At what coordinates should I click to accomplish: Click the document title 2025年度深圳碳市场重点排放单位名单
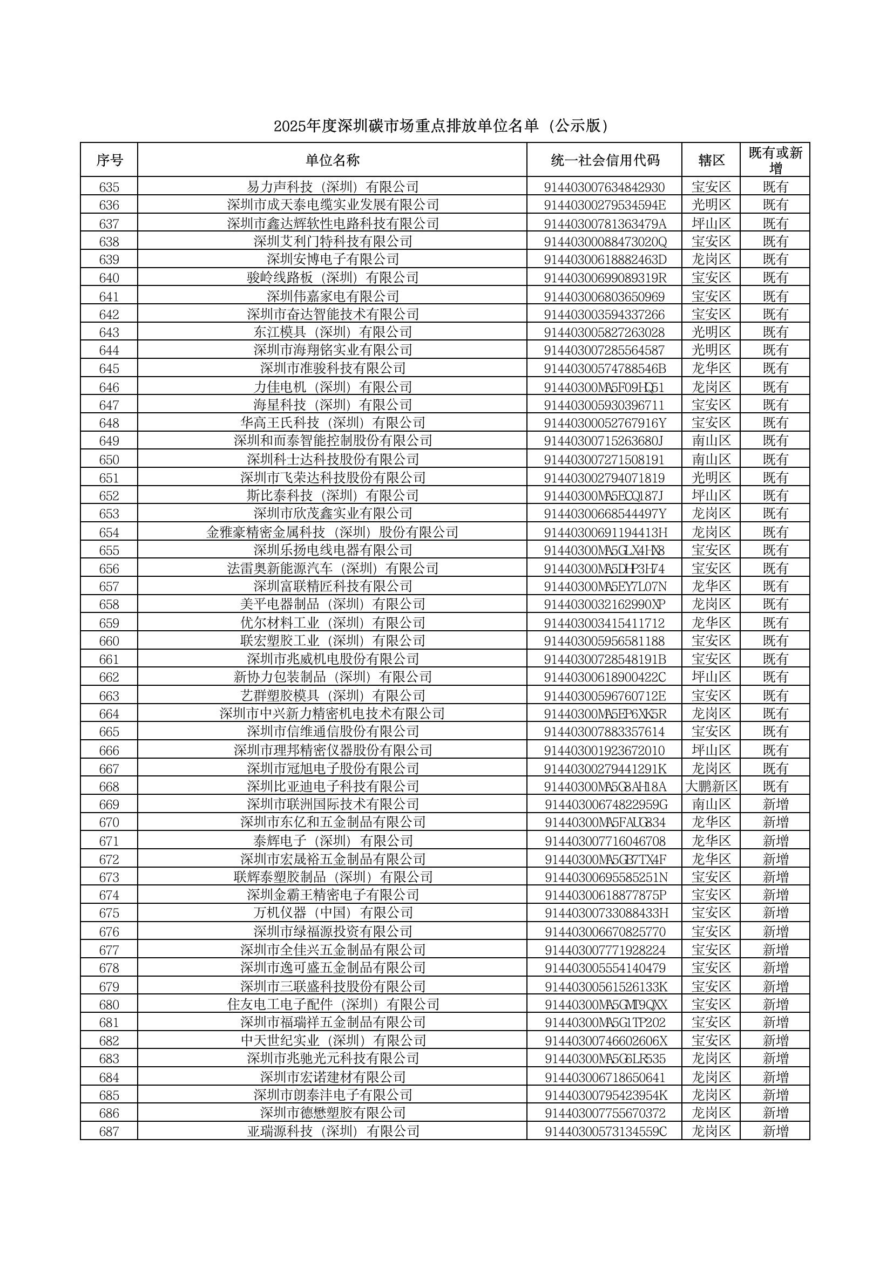coord(442,127)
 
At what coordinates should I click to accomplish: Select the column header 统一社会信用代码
coord(605,160)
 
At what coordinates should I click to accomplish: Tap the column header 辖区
coord(712,160)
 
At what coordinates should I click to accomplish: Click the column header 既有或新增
coord(775,160)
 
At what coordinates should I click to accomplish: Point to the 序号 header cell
coord(110,160)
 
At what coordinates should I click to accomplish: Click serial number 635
coord(109,187)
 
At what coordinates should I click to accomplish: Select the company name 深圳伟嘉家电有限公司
coord(333,297)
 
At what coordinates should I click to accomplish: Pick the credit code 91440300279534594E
coord(605,206)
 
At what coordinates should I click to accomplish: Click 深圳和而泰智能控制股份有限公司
coord(333,441)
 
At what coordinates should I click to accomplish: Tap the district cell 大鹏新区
coord(712,787)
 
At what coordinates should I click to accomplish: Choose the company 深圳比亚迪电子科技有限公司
coord(333,787)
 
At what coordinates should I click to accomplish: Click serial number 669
coord(109,805)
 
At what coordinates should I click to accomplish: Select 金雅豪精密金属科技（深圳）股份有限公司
coord(333,533)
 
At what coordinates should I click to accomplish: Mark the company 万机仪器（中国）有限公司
coord(333,913)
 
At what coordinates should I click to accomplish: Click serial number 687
coord(109,1132)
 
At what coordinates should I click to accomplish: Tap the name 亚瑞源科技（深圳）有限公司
coord(333,1132)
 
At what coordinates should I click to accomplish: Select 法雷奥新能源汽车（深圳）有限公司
coord(333,569)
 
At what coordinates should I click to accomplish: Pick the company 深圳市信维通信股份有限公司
coord(333,732)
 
